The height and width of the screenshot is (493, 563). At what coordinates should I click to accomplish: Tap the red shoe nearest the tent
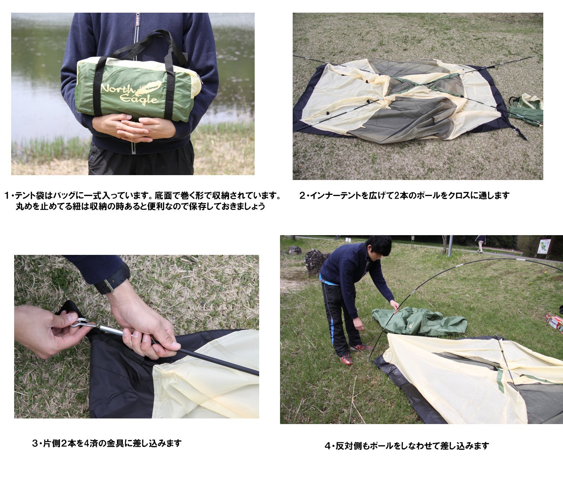click(x=347, y=359)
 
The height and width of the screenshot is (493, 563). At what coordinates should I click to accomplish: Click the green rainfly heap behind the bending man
click(x=421, y=321)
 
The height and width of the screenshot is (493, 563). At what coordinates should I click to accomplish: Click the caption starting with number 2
click(x=404, y=195)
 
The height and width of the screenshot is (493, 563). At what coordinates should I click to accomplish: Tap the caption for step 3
click(x=107, y=443)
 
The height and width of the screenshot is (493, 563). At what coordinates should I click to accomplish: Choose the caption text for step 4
click(x=406, y=446)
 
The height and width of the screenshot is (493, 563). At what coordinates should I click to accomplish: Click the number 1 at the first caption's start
click(x=7, y=195)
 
